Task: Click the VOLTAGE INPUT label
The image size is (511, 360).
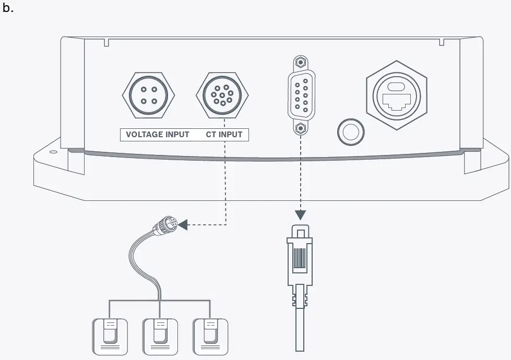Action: tap(158, 135)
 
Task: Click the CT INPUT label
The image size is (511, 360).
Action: tap(224, 135)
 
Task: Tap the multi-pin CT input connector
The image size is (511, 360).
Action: tap(222, 95)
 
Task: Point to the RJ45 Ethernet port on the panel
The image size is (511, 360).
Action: tap(396, 99)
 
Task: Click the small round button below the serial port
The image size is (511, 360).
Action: tap(350, 130)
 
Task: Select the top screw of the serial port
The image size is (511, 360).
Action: tap(300, 61)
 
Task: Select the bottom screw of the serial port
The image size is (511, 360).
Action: tap(300, 128)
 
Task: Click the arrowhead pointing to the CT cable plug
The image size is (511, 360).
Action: tap(183, 225)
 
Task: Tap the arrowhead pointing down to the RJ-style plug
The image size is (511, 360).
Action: tap(300, 215)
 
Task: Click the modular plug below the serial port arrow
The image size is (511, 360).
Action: tap(300, 256)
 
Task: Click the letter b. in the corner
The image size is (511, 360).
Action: tap(7, 9)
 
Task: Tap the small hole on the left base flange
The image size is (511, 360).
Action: tap(53, 153)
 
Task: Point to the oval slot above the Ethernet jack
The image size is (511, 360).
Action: tap(396, 87)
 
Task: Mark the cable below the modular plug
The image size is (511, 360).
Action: tap(300, 329)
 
